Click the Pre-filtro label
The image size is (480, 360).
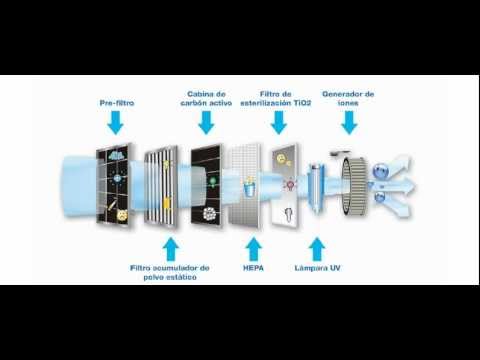(x=117, y=103)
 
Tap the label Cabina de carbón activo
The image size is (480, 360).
(x=206, y=99)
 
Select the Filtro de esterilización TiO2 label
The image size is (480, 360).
(x=276, y=99)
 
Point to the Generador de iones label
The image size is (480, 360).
(x=348, y=99)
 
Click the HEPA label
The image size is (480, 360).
(x=253, y=268)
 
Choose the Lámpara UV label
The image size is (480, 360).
(x=317, y=268)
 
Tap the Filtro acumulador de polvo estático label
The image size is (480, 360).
(x=170, y=272)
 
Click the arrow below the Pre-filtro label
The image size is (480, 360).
(x=116, y=123)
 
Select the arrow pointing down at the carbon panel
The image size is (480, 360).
(x=206, y=123)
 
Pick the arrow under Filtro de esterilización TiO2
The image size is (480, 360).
(x=279, y=123)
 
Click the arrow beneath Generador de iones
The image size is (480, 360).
(x=349, y=123)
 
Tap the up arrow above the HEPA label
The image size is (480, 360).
(x=254, y=249)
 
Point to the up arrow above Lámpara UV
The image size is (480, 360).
(x=317, y=249)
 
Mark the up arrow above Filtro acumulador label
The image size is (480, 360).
(x=171, y=249)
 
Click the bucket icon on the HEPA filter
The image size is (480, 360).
(x=249, y=188)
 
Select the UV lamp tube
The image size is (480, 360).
(x=316, y=187)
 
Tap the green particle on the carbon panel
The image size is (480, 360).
(x=211, y=181)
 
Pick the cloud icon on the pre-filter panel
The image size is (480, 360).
(x=117, y=155)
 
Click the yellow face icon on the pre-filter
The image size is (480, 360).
(x=121, y=215)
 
